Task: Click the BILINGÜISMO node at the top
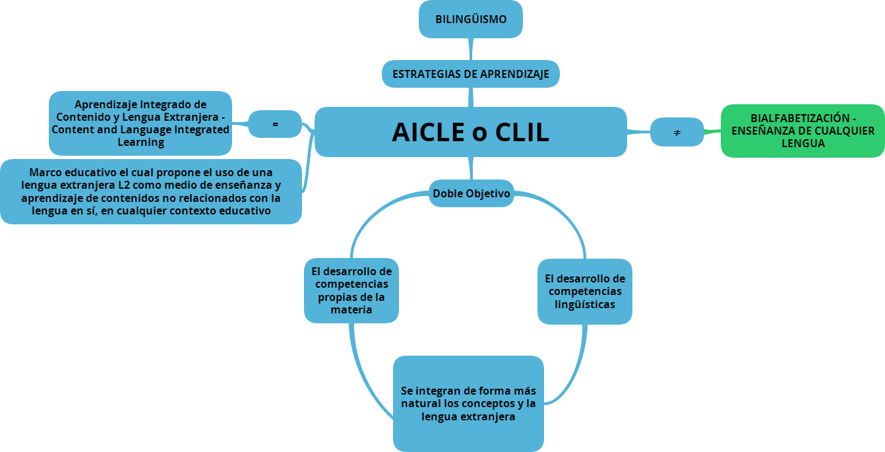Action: click(471, 19)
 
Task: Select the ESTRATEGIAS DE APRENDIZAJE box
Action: click(470, 74)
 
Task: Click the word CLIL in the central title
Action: click(522, 133)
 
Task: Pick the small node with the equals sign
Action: click(275, 124)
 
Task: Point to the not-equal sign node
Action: click(677, 133)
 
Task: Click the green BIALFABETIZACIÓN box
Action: click(803, 131)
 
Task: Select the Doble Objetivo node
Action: click(471, 193)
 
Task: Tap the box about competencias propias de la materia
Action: click(351, 290)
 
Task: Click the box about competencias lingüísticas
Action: click(584, 291)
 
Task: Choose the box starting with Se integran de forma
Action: click(468, 403)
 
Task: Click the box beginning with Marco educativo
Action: click(150, 191)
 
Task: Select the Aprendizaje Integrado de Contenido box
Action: click(140, 123)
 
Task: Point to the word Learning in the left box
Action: click(140, 142)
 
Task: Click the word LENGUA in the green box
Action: click(803, 143)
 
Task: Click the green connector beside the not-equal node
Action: click(712, 132)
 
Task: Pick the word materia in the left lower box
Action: click(351, 309)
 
